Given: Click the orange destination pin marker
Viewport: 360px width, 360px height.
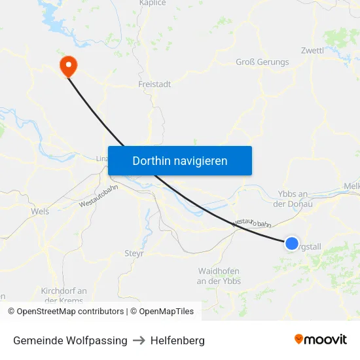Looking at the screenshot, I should (67, 65).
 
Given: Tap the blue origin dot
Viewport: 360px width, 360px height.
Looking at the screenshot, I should (291, 243).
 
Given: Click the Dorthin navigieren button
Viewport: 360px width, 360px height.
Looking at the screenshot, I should (180, 160).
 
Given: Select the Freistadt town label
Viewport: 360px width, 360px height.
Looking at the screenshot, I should (154, 84).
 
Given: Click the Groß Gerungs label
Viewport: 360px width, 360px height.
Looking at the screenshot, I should (262, 62).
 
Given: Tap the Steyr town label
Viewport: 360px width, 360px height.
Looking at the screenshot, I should (134, 253).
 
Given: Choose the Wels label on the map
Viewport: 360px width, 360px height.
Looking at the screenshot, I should (40, 211).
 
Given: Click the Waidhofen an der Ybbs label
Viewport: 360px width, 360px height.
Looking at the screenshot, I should (219, 276).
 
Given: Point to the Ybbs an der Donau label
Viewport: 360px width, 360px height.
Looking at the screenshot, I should (293, 198).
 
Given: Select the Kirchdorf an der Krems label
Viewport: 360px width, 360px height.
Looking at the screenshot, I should (63, 295).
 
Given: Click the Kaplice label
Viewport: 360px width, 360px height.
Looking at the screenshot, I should (153, 3).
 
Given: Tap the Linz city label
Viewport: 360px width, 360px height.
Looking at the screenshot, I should (101, 158).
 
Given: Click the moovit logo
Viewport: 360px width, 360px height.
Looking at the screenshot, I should (321, 340).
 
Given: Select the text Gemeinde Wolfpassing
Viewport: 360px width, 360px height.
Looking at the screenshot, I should (70, 340).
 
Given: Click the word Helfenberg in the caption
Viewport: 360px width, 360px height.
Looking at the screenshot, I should (177, 340).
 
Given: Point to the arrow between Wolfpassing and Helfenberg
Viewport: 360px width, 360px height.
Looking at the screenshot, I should (139, 340).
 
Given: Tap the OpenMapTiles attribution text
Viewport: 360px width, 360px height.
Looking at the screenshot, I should (162, 312).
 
